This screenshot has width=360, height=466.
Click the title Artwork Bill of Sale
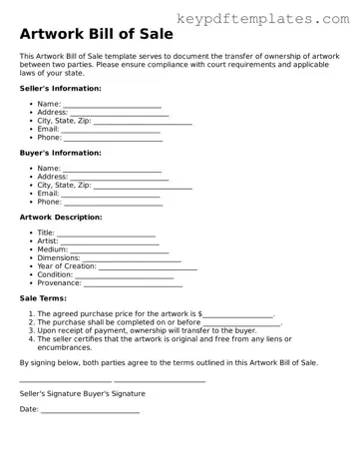point(96,34)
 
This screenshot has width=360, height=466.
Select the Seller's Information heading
point(60,88)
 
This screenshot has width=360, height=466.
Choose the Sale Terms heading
point(44,297)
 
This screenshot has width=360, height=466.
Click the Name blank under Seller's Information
point(113,105)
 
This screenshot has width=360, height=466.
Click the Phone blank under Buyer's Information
point(113,203)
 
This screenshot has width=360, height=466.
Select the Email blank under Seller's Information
point(112,130)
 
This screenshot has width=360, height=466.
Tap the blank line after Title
point(106,233)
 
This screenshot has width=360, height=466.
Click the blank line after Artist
point(110,241)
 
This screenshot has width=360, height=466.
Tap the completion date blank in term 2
point(241,323)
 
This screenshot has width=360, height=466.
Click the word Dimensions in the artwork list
point(59,258)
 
